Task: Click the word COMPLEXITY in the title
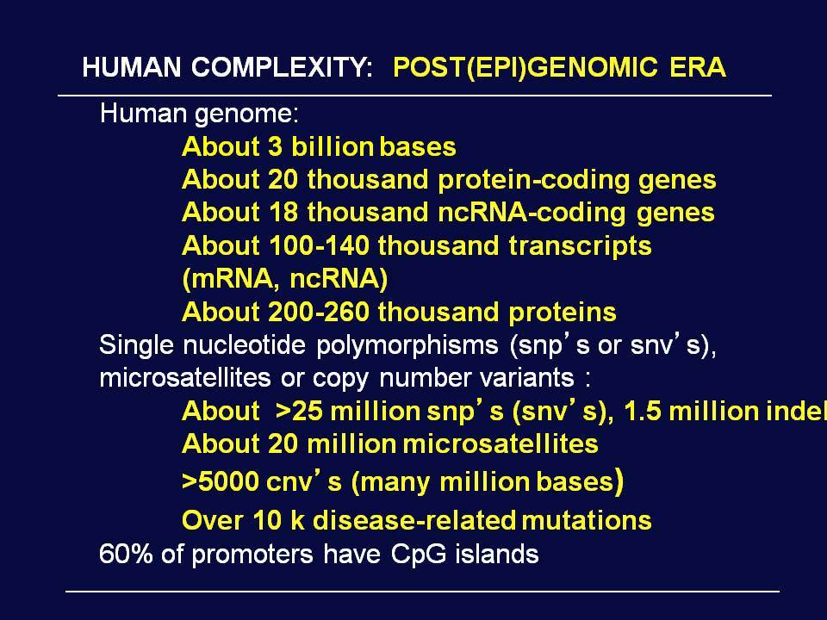(x=283, y=67)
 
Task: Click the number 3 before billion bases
(x=276, y=146)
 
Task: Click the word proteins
(x=563, y=313)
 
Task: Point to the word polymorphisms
(x=407, y=345)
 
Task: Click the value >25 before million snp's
(x=299, y=412)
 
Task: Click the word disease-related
(x=414, y=520)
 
